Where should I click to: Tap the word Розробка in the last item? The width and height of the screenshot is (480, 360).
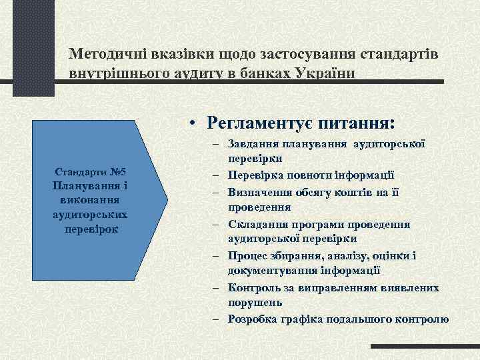coord(252,319)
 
